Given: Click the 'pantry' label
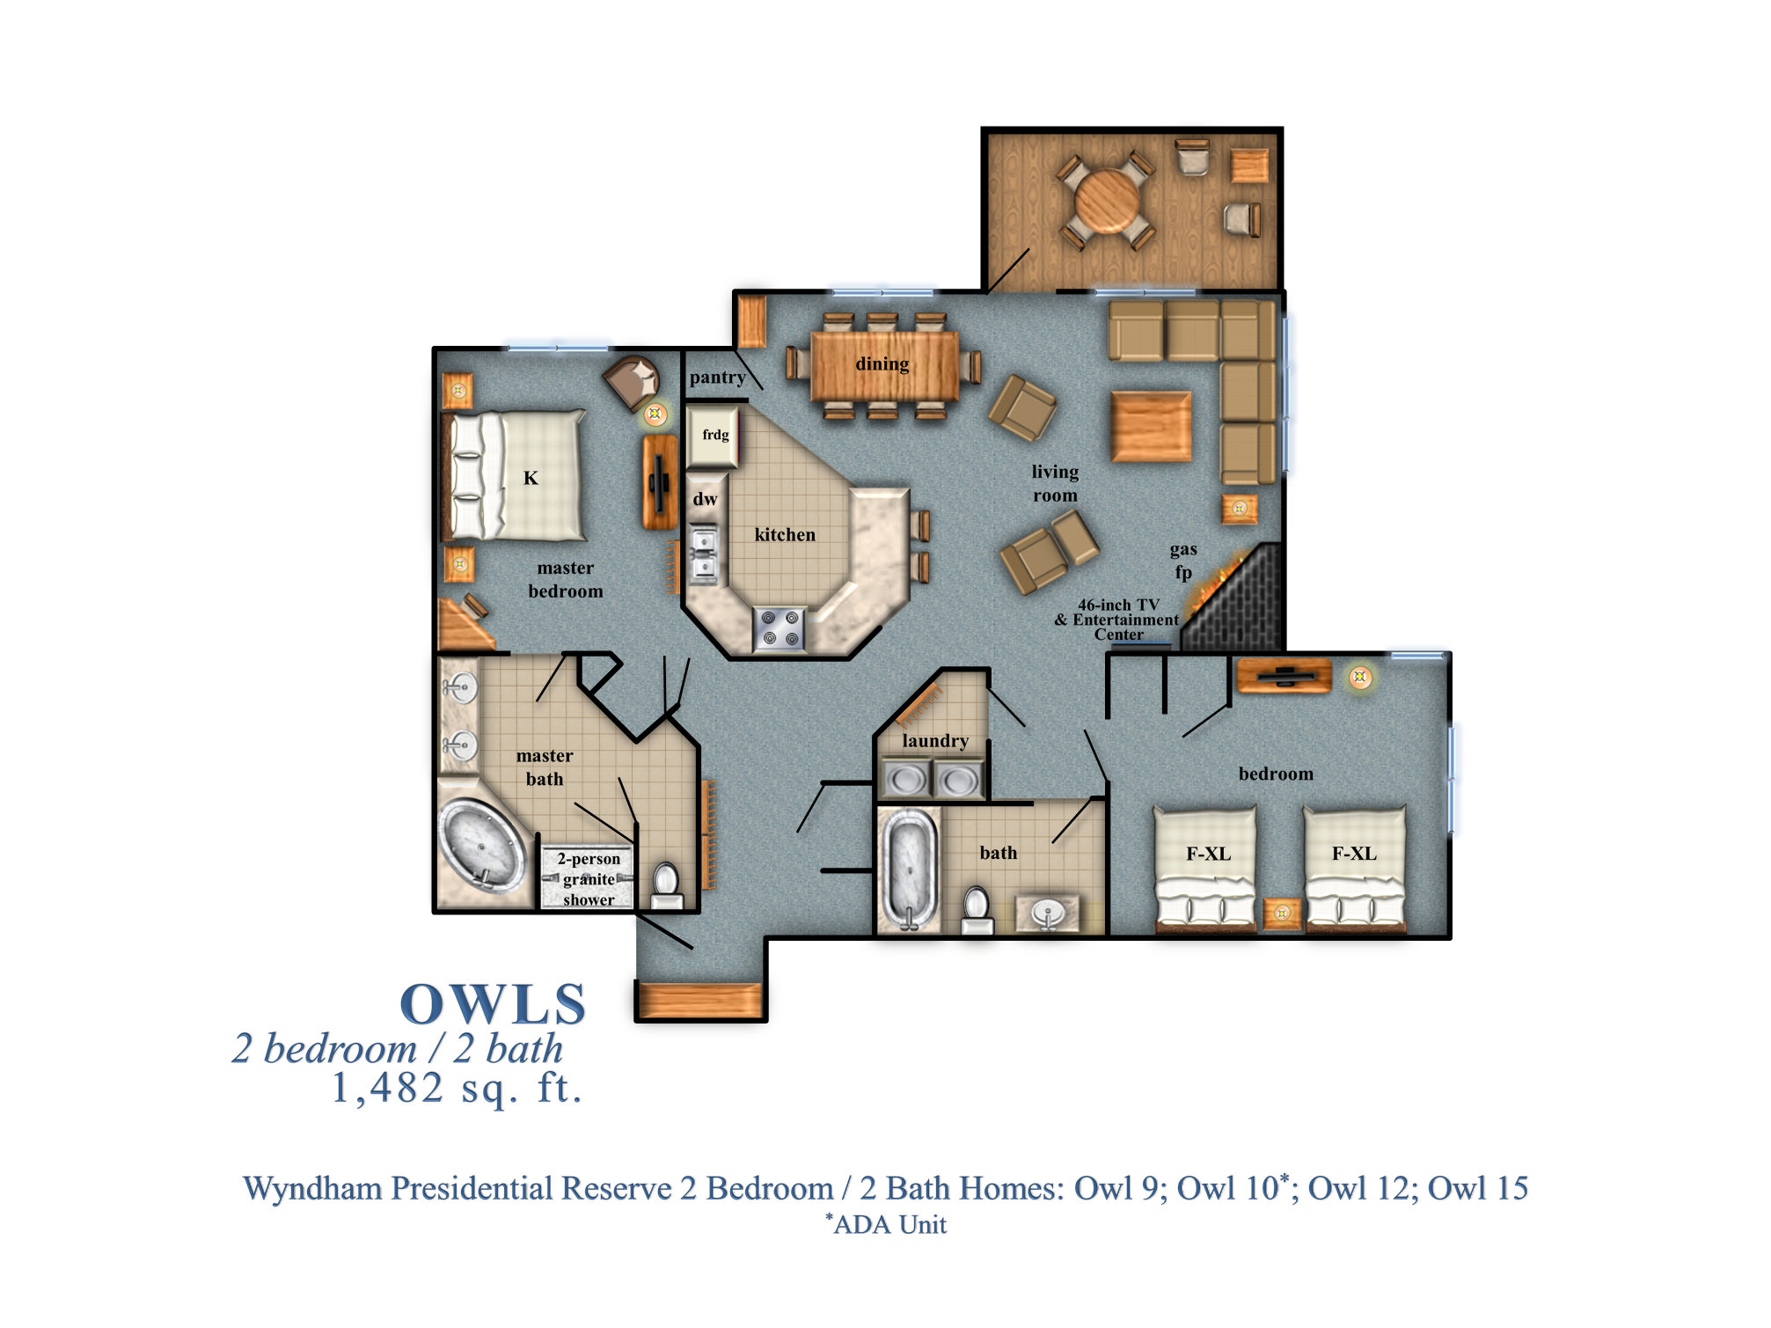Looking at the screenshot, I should click(717, 378).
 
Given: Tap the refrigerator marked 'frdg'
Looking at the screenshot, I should click(713, 435).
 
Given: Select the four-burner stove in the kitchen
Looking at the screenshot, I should click(779, 628).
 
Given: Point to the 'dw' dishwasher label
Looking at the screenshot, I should click(705, 499).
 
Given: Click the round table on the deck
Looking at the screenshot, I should click(1107, 200).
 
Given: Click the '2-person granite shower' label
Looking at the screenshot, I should click(589, 878).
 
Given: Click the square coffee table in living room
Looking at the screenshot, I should click(1151, 427).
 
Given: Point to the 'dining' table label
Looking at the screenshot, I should click(882, 363).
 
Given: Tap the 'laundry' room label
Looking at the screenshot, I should click(934, 741).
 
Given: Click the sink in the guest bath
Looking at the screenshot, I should click(1047, 913).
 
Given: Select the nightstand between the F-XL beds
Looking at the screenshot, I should click(1281, 913).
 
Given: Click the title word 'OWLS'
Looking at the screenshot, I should click(493, 1004).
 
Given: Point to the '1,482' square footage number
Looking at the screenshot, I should click(387, 1088).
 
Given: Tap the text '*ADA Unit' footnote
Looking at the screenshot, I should click(886, 1224).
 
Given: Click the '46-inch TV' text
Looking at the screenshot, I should click(1118, 605).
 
